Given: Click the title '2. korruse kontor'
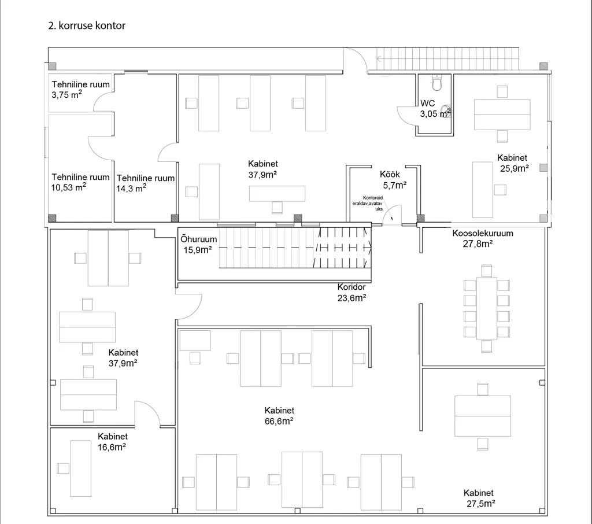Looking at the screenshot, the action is [87, 25].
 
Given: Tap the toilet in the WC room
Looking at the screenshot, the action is [437, 83].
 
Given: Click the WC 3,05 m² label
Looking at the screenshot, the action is [435, 108].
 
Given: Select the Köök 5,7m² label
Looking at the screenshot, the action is [393, 180].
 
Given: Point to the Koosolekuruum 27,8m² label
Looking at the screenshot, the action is [483, 238].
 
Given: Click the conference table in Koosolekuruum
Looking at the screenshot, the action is [487, 308].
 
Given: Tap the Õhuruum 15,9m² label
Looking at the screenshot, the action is [199, 245].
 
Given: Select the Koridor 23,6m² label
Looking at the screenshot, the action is [351, 293].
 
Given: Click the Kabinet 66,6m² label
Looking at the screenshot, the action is [279, 416].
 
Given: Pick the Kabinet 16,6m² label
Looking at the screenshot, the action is [113, 442].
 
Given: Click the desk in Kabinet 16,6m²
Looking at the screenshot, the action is [81, 468].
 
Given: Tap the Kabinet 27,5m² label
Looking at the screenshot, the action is [479, 499].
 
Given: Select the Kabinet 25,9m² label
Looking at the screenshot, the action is [513, 163].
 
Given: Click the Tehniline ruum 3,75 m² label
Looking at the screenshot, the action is [80, 90].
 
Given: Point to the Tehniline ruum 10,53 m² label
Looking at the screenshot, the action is [80, 182].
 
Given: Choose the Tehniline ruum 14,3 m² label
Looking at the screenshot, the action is [145, 183].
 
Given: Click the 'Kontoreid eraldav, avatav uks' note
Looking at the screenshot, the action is [368, 203].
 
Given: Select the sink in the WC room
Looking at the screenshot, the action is [446, 111].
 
